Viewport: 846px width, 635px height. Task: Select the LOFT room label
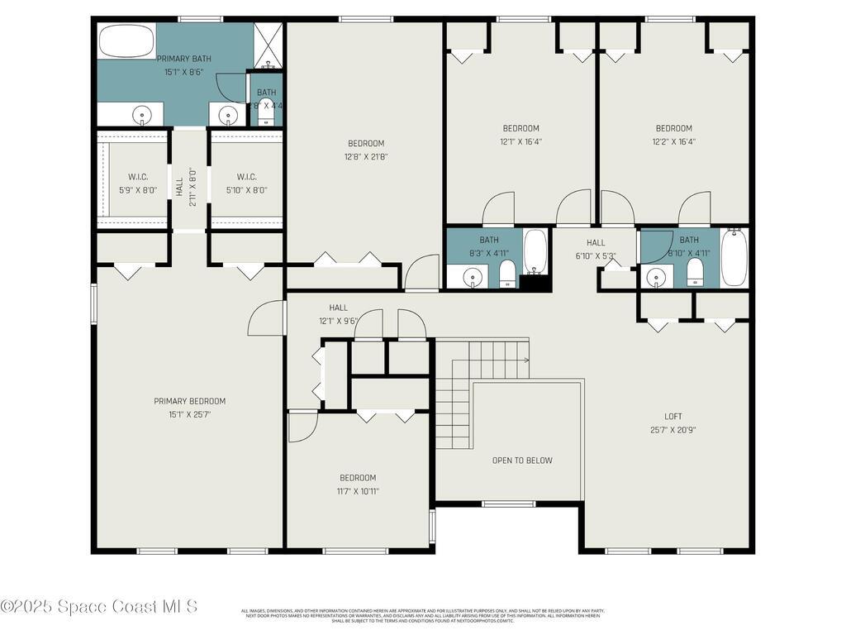[x=673, y=416]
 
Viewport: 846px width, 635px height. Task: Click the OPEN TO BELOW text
[x=522, y=461]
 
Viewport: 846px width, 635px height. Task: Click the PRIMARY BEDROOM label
[x=189, y=401]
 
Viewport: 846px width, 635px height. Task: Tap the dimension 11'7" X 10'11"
[x=358, y=491]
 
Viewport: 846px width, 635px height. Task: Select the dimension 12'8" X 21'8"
[x=366, y=156]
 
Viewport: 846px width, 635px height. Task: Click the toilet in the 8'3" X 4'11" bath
[x=508, y=273]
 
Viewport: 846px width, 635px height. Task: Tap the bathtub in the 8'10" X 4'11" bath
[x=733, y=258]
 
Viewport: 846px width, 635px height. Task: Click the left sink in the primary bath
[x=142, y=114]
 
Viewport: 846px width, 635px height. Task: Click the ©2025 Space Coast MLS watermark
[x=99, y=606]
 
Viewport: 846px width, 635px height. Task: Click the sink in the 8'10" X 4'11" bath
[x=656, y=276]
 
